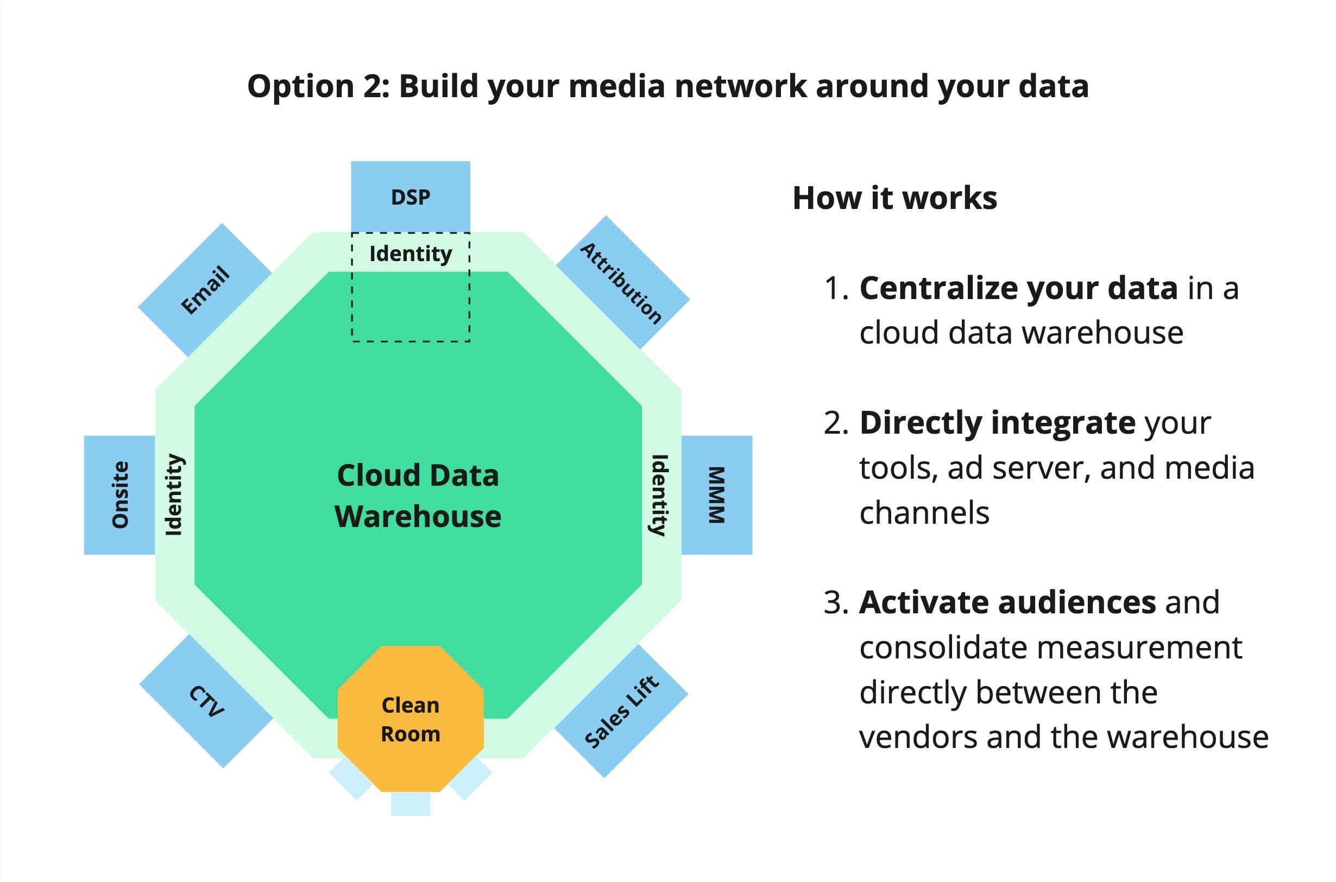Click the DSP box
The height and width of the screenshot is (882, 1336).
tap(410, 197)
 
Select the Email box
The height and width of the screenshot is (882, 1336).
tap(205, 290)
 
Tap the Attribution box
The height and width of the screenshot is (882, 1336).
tap(622, 283)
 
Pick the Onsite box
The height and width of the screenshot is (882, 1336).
tap(120, 494)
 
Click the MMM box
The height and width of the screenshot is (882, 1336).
tap(716, 494)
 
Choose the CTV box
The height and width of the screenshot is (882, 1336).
tap(206, 701)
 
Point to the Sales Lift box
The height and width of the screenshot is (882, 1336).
tap(621, 711)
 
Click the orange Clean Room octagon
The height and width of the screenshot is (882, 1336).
tap(410, 719)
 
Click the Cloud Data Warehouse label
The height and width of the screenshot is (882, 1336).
tap(418, 495)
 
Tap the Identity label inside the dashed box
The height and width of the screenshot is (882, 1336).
tap(410, 253)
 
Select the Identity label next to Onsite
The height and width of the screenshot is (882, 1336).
tap(174, 494)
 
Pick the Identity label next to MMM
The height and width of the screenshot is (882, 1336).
tap(659, 494)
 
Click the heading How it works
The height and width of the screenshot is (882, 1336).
tap(894, 198)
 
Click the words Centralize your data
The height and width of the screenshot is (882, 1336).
tap(1018, 288)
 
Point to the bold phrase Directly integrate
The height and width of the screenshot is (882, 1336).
tap(997, 422)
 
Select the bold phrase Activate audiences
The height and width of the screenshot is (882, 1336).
tap(1007, 602)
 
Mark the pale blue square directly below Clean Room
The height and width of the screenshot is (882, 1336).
tap(410, 803)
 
